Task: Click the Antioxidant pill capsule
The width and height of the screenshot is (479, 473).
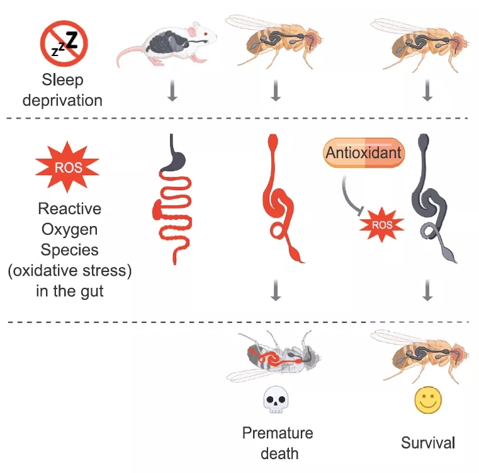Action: pyautogui.click(x=363, y=153)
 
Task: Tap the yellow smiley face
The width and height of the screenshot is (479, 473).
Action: pyautogui.click(x=427, y=399)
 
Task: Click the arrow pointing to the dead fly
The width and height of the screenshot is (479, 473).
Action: pyautogui.click(x=274, y=290)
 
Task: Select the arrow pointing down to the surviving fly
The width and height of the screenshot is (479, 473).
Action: pyautogui.click(x=427, y=290)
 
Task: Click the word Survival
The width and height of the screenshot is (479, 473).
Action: pyautogui.click(x=427, y=443)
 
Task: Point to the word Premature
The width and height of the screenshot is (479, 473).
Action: pyautogui.click(x=278, y=433)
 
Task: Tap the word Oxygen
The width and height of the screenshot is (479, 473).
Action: pyautogui.click(x=70, y=229)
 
